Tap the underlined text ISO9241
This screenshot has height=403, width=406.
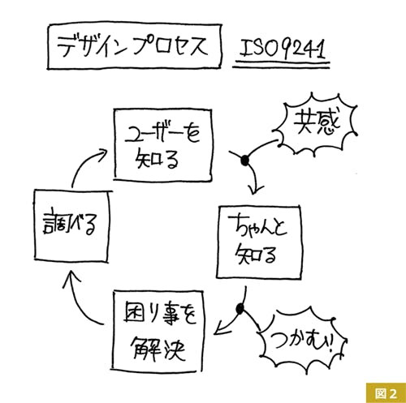pos(283,49)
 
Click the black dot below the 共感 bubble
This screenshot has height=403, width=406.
pos(244,160)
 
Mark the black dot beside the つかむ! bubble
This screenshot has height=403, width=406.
pos(240,309)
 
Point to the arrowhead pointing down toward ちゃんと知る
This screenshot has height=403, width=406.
pos(253,189)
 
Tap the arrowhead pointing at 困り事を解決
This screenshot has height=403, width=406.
pos(222,328)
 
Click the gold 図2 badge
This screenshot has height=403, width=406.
pos(386,392)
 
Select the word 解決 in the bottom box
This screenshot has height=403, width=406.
pos(158,349)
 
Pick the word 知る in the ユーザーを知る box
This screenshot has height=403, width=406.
pos(157,159)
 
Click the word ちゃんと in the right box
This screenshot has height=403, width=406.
pos(257,229)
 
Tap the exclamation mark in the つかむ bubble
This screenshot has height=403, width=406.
pos(329,344)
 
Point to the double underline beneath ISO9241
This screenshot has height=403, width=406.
pos(282,64)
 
